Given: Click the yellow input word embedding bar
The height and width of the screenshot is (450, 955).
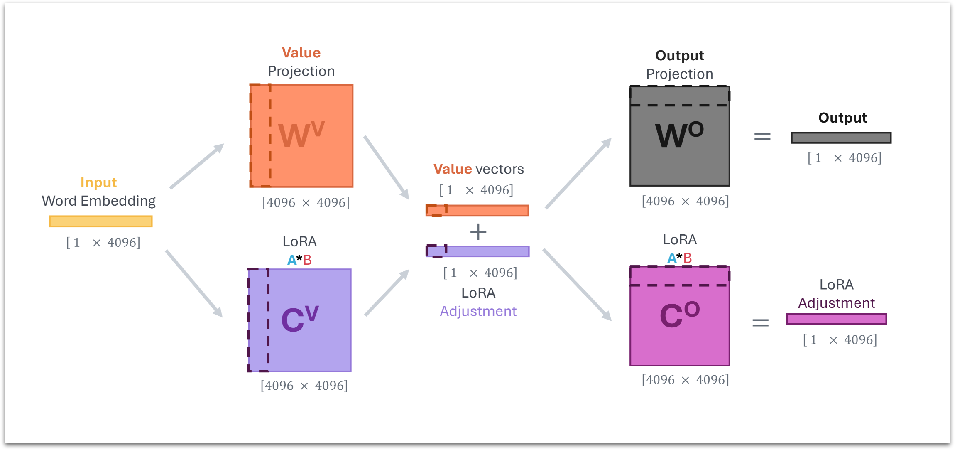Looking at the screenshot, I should click(101, 221).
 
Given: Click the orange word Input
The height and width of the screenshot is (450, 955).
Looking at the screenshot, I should click(98, 182).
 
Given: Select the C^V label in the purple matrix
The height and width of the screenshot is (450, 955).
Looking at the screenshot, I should click(300, 319).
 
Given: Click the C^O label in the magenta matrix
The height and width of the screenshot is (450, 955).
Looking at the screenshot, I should click(680, 315).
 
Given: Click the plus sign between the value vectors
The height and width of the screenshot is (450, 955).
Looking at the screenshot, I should click(478, 232).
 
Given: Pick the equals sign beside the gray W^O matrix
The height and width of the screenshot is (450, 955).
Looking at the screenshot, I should click(762, 137).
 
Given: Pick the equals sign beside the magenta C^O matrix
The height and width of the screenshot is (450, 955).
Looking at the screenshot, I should click(761, 322).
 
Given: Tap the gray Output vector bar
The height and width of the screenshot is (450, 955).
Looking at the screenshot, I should click(841, 138).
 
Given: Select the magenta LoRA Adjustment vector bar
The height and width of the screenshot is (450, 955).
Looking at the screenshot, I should click(836, 319).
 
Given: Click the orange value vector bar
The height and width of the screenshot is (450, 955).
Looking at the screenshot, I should click(477, 211).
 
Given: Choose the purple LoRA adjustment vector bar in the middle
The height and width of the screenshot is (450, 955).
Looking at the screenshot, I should click(477, 251).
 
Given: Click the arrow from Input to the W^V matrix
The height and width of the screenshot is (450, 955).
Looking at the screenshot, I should click(197, 166).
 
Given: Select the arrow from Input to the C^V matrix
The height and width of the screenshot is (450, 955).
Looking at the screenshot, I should click(194, 284).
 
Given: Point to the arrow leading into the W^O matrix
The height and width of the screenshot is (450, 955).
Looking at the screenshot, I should click(578, 173).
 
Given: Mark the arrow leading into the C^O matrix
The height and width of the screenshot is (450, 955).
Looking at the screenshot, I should click(577, 285).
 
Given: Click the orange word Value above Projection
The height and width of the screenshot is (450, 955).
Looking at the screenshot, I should click(301, 53).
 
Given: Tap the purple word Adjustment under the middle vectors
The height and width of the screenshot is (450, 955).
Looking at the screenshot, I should click(478, 311).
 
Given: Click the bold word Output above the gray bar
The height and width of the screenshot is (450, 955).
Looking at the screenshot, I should click(842, 118).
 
